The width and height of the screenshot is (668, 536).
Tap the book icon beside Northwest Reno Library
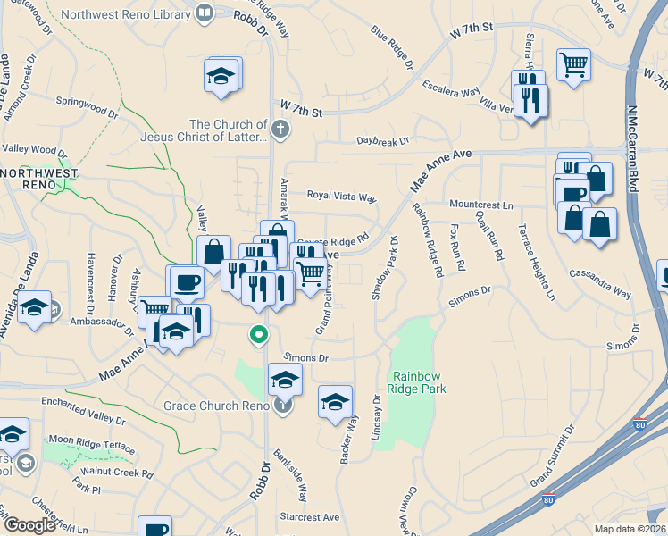tap(205, 13)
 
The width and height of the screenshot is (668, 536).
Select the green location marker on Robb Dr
tap(259, 336)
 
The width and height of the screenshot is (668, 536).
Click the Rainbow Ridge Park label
tap(416, 382)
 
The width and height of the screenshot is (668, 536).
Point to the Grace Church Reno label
tap(215, 406)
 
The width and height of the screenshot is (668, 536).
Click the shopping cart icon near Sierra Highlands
tap(572, 63)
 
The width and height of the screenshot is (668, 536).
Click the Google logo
tap(29, 525)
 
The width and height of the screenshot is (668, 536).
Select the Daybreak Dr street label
tap(381, 141)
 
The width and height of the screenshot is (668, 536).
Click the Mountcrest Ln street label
tap(481, 205)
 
